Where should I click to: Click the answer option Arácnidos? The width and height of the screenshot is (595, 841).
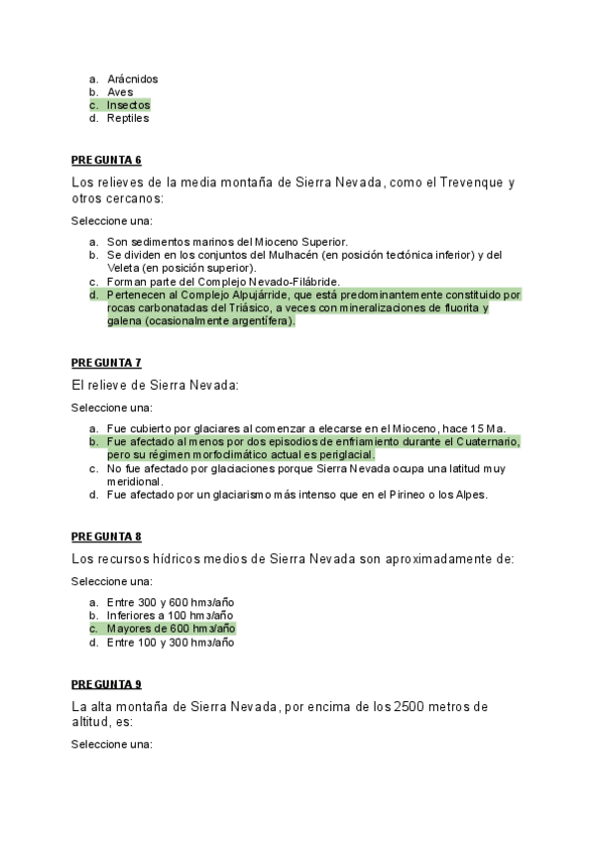(x=132, y=79)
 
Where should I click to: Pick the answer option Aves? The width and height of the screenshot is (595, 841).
(x=120, y=92)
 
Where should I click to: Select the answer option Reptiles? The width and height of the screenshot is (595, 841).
(x=128, y=118)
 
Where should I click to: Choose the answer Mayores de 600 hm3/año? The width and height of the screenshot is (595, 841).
(x=171, y=629)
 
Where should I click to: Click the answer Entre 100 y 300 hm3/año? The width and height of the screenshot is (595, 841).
(x=171, y=643)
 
